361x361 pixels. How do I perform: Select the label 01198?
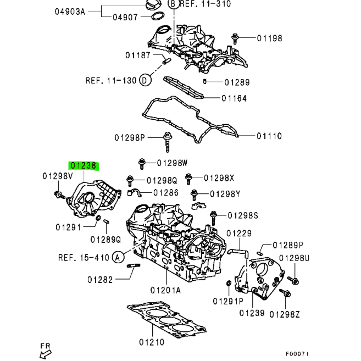pos(270,38)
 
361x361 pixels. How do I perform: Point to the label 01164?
pos(235,98)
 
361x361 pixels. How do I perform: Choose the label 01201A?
pos(165,290)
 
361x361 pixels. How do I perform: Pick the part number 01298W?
pos(172,163)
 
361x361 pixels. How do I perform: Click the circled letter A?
pos(117,257)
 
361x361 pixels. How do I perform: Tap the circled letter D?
pos(145,81)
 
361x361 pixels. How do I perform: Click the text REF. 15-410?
pos(84,257)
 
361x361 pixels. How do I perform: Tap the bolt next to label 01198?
pos(236,38)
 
